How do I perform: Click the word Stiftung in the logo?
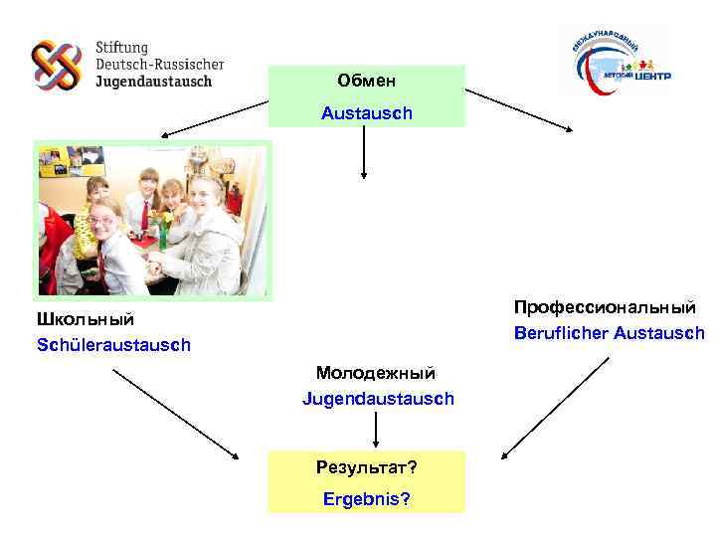(x=122, y=47)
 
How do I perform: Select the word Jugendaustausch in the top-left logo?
(x=153, y=82)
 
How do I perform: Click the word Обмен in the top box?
(x=366, y=79)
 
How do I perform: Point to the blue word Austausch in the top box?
(x=366, y=113)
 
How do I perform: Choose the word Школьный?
(x=86, y=319)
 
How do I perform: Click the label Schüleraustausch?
(x=113, y=345)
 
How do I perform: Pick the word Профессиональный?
(x=605, y=307)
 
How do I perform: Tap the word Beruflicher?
(x=560, y=333)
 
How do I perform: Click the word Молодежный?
(x=376, y=373)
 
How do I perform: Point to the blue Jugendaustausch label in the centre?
(x=378, y=398)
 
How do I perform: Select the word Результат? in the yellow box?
(x=366, y=466)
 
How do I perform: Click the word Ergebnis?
(x=366, y=497)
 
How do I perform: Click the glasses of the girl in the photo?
(x=100, y=219)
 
